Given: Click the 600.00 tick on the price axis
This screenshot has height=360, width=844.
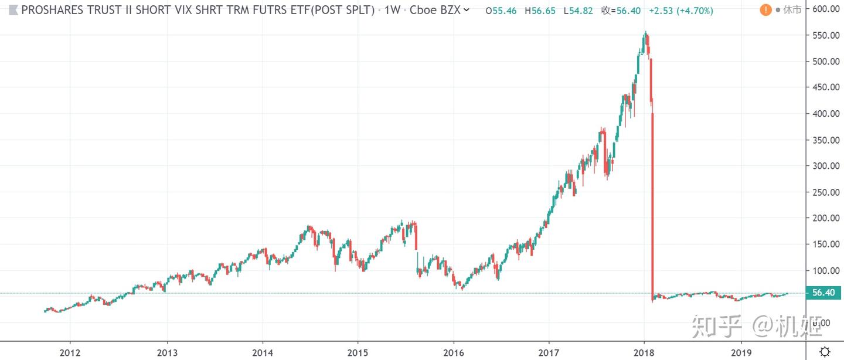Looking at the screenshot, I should point(822,9).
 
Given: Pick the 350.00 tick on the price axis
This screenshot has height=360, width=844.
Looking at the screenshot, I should point(822,140).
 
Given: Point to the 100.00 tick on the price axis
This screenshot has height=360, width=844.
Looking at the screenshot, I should point(822,270).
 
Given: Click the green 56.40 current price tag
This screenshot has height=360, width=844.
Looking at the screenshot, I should point(823,293).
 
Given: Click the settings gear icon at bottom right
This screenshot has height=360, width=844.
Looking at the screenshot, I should point(824,351).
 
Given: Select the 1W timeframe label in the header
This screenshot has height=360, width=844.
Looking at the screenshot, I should point(392,10).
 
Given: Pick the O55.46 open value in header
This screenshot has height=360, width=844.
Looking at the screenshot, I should point(501,10).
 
